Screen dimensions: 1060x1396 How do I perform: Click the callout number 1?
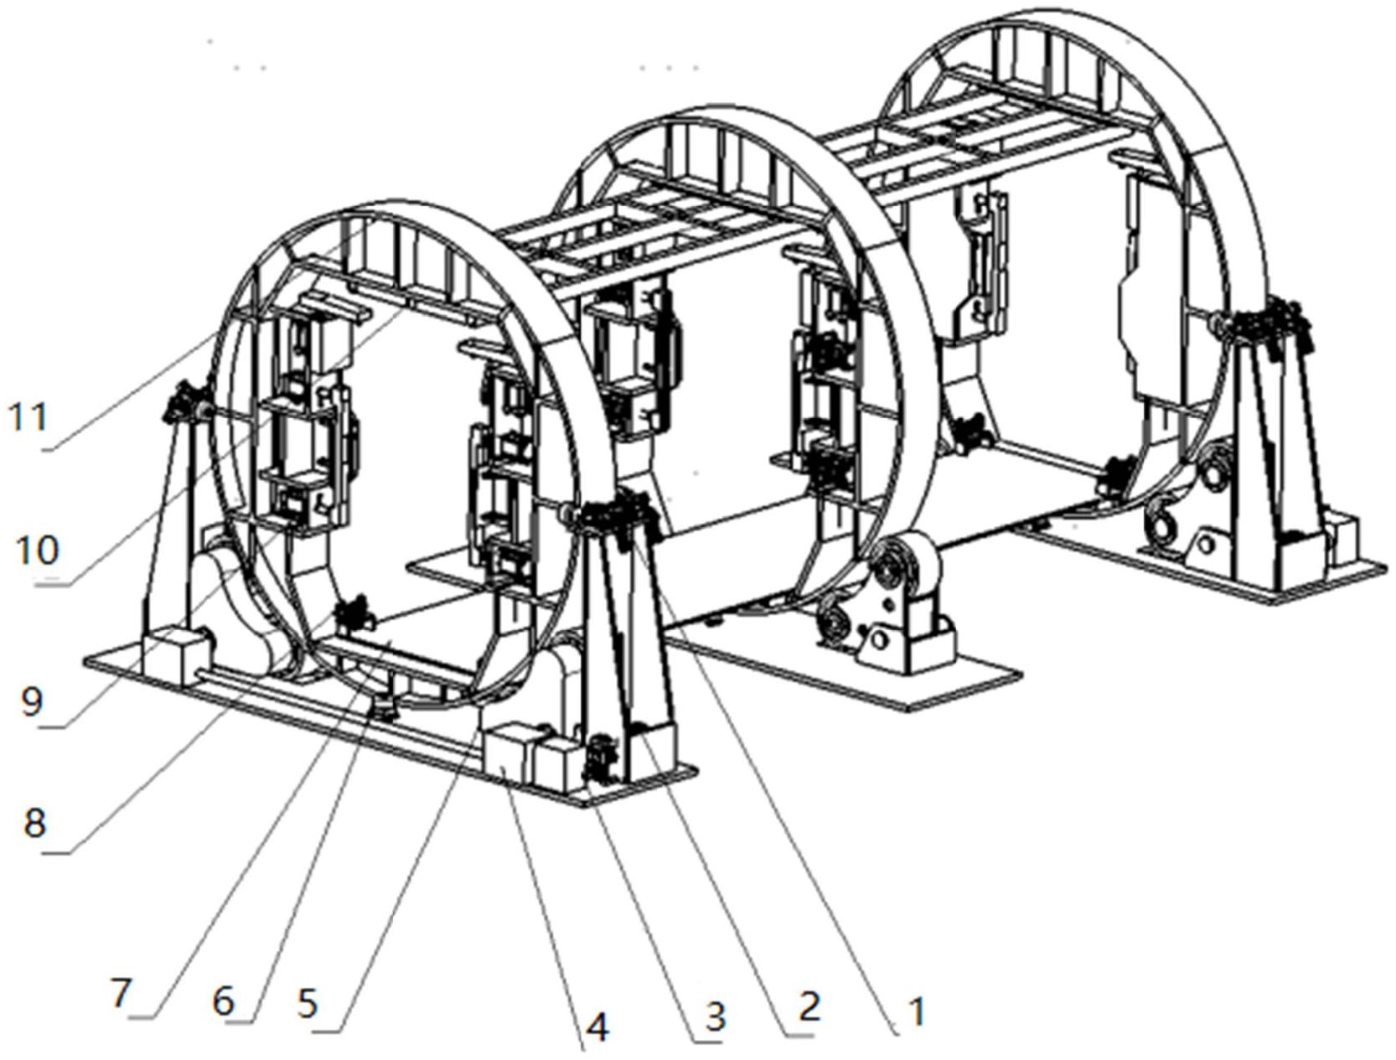pos(917,1011)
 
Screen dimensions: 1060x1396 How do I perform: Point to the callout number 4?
pos(597,1026)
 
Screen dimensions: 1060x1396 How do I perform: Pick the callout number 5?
pos(308,1003)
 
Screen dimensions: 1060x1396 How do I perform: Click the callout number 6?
pos(223,1000)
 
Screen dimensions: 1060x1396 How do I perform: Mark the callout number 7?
pos(122,994)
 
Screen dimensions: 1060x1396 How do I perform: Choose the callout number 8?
pos(34,823)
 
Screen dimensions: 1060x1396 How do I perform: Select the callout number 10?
pos(38,551)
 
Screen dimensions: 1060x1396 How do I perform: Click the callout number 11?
pos(29,416)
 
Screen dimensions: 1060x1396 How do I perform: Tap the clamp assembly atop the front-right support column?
pos(612,515)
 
